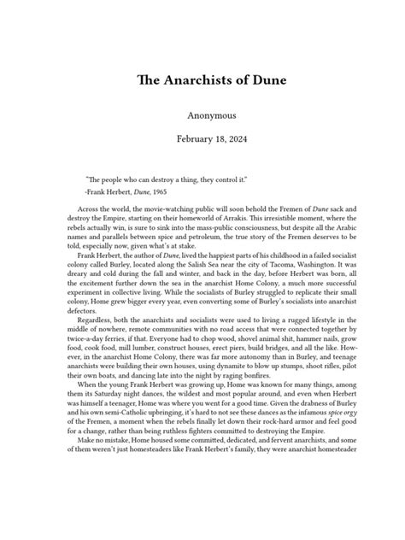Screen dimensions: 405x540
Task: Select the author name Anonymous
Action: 202,114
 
